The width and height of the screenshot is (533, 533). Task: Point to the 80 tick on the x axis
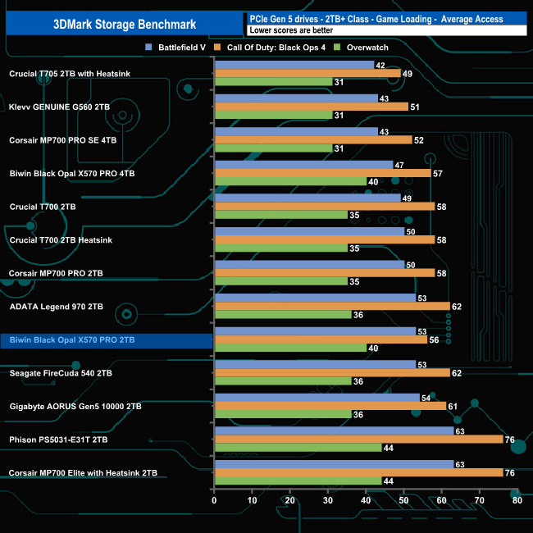click(517, 500)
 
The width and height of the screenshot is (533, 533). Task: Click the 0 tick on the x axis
click(214, 500)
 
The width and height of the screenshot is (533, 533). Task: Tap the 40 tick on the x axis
click(366, 500)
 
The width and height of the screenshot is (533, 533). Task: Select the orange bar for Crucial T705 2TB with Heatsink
click(307, 74)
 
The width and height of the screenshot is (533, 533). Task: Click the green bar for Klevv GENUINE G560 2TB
click(272, 116)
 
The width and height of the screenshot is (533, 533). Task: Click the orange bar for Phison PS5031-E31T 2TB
click(358, 439)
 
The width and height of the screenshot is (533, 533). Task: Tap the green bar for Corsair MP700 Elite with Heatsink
click(297, 481)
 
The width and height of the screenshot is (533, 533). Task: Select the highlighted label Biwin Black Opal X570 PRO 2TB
click(72, 339)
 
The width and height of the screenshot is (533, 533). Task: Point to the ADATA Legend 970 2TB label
click(57, 307)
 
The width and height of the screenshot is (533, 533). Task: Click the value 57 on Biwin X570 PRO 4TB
click(438, 173)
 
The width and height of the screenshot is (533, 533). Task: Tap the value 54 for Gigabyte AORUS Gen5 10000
click(426, 397)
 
